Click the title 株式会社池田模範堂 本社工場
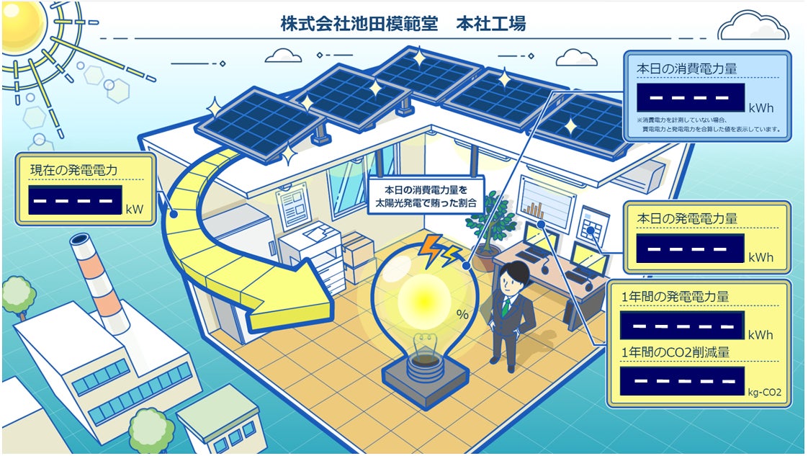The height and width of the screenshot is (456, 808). point(403,23)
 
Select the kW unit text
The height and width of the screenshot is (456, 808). point(134,210)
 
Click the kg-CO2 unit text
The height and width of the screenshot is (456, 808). point(764,393)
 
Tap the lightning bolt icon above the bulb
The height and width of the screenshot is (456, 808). point(439,249)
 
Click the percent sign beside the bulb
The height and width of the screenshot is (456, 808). point(462,314)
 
